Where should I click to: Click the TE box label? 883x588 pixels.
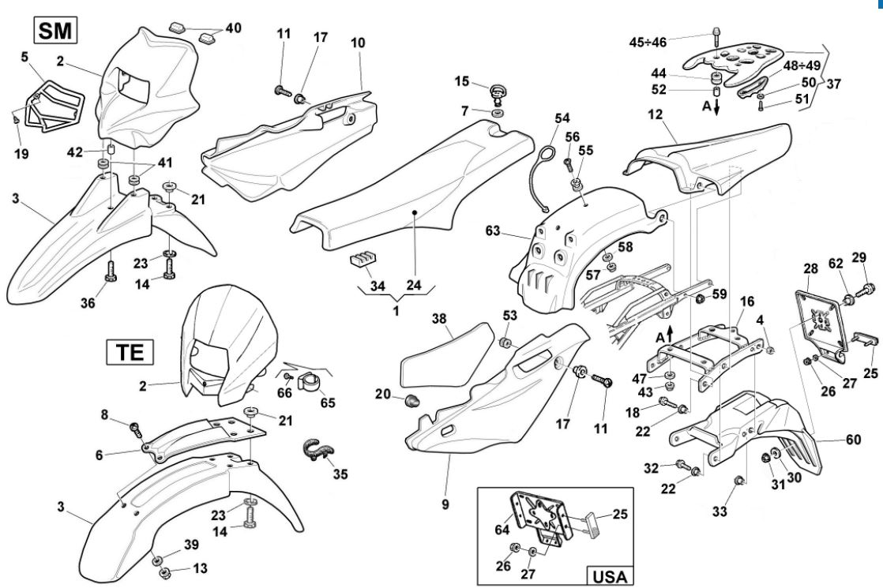(x=124, y=352)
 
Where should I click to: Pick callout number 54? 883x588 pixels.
(x=561, y=118)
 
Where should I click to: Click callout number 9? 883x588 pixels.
(x=445, y=504)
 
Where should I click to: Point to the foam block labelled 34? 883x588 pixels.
(x=362, y=261)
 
